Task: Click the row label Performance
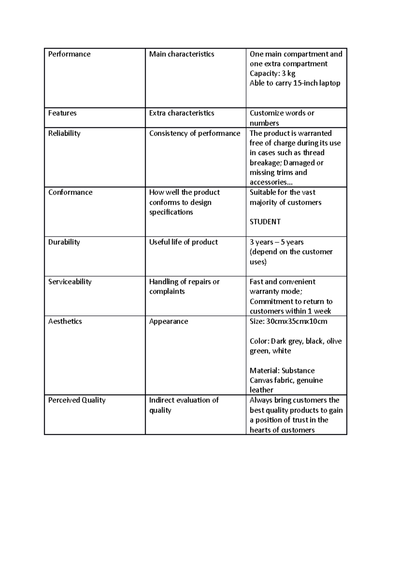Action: pos(69,54)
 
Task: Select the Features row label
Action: pos(62,113)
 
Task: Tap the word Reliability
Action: pos(64,133)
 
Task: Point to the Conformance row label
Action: pos(70,192)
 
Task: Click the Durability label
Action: pos(64,242)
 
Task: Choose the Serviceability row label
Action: pos(70,282)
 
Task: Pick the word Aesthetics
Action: pos(65,321)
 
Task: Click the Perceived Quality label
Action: pos(77,400)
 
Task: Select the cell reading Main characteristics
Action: pos(182,54)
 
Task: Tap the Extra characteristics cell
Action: pos(182,113)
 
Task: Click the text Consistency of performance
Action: pos(195,133)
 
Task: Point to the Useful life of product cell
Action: pos(183,242)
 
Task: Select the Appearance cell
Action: pos(169,321)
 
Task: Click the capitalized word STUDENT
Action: pos(265,222)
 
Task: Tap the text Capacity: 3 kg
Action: pos(272,74)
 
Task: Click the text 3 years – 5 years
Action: pos(277,242)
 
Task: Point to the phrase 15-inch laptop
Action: pos(317,83)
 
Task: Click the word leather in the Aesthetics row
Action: pos(261,390)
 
